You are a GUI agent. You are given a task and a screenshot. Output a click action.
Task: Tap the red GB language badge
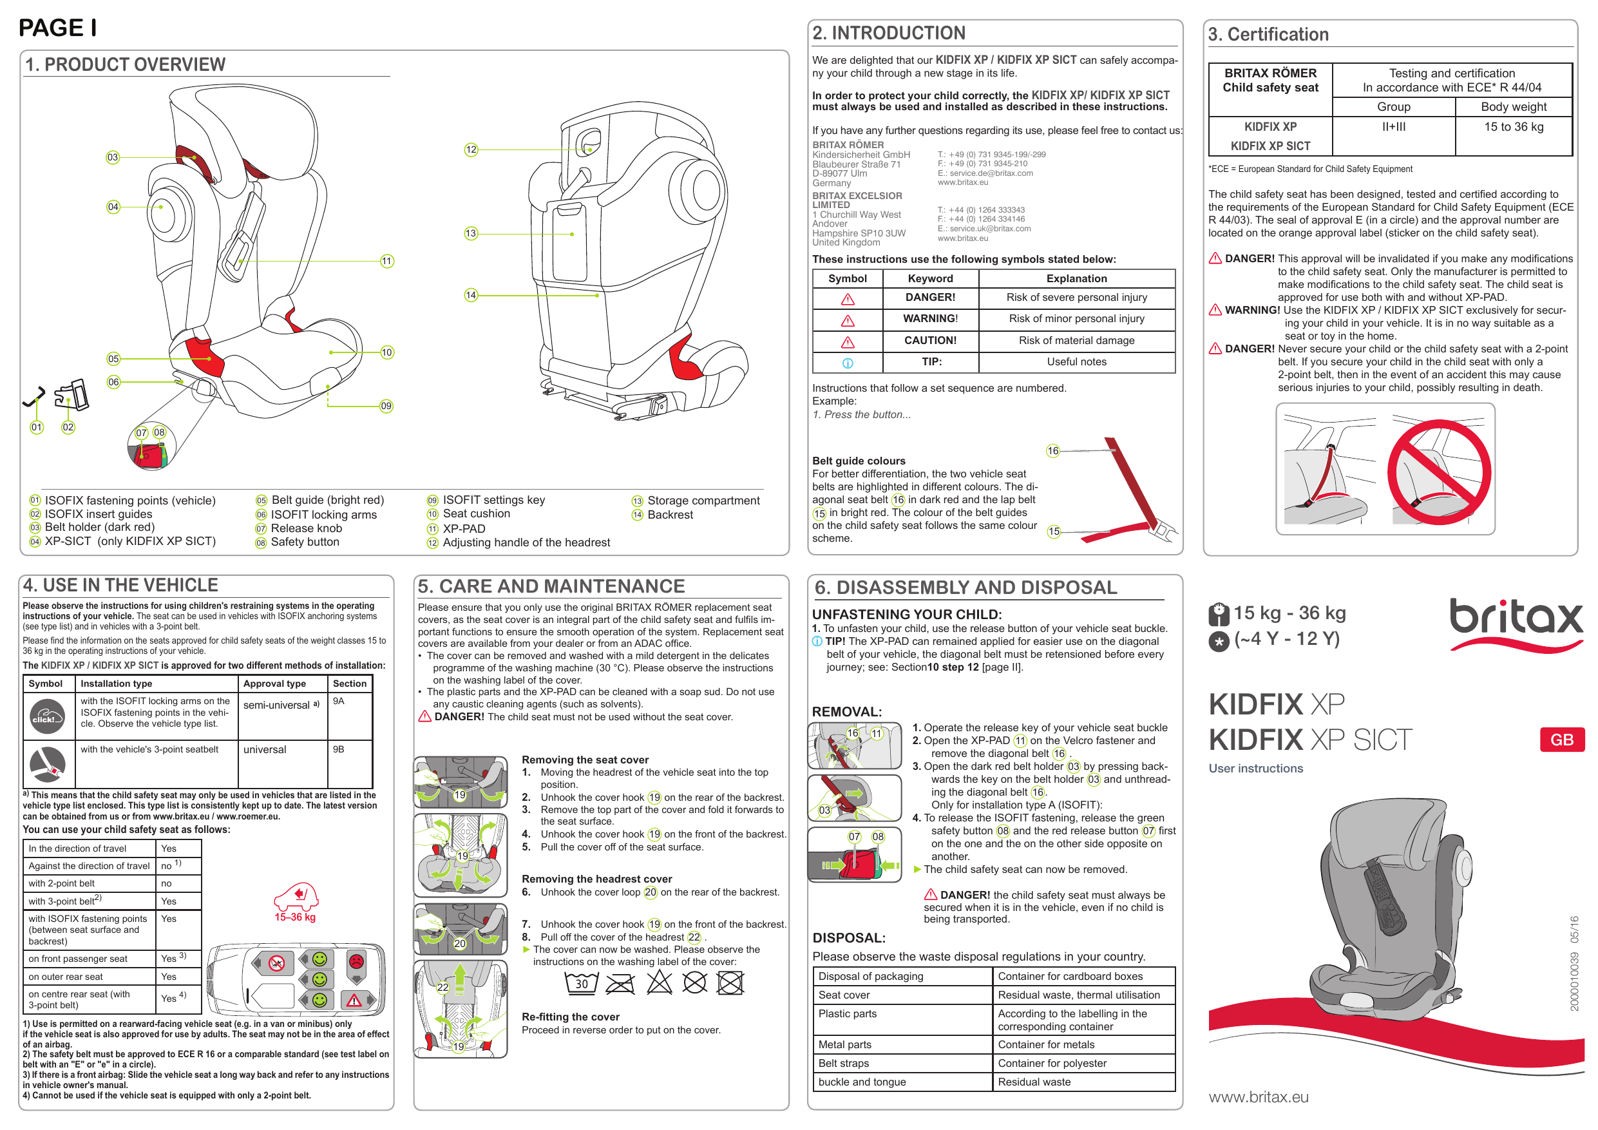click(x=1562, y=740)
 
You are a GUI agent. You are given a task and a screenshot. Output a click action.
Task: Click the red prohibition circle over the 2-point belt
click(x=1439, y=472)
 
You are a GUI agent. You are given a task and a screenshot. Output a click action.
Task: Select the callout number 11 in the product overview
click(x=387, y=261)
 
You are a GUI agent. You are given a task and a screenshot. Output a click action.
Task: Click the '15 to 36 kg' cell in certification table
click(x=1513, y=127)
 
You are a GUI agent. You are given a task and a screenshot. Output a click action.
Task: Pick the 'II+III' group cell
click(x=1393, y=127)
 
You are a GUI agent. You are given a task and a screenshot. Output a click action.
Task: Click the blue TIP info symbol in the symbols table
click(x=847, y=363)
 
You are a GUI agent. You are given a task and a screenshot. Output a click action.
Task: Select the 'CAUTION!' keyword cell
click(x=930, y=340)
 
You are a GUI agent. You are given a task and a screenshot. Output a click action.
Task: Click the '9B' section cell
click(x=338, y=749)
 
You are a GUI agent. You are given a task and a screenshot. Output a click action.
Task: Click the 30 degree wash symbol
click(x=581, y=982)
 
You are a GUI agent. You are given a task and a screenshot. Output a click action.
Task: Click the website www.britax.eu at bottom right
click(x=1259, y=1097)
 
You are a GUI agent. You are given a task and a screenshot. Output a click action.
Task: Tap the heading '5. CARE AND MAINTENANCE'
click(x=551, y=586)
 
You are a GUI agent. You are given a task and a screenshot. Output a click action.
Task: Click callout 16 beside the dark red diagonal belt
click(x=1053, y=451)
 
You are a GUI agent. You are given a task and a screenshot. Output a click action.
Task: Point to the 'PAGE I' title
click(x=57, y=28)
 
